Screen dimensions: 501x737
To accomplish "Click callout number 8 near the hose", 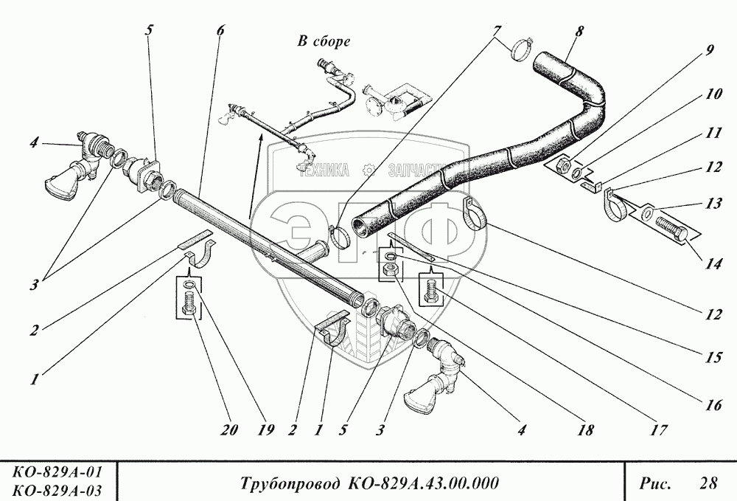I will (x=579, y=32).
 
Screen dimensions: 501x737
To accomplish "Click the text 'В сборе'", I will (x=324, y=41).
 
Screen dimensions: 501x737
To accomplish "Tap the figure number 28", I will (x=708, y=484).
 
